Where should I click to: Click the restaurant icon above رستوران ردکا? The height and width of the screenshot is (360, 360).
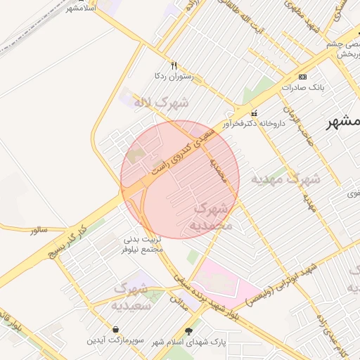165,65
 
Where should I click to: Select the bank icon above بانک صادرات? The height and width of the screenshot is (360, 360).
302,77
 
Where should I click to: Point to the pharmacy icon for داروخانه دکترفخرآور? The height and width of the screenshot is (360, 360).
254,113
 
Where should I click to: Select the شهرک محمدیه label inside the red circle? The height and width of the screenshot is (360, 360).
209,217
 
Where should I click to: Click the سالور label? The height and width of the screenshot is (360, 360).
37,230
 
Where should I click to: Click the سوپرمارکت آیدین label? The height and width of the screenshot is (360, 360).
115,340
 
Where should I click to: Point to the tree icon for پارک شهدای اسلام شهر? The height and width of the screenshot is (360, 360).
188,330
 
